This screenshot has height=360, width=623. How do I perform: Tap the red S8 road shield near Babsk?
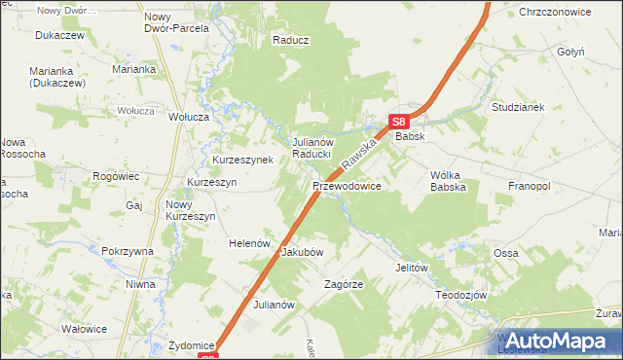coord(397,122)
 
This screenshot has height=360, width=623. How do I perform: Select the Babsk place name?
coord(410,137)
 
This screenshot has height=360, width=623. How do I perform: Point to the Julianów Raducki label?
coord(313,148)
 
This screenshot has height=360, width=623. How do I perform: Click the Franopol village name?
coord(530,185)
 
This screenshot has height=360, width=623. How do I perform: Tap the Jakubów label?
coord(302,252)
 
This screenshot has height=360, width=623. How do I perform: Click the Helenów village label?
coord(248,243)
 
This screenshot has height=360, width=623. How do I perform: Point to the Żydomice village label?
coord(191,345)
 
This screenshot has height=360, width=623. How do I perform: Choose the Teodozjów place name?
coord(460,294)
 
